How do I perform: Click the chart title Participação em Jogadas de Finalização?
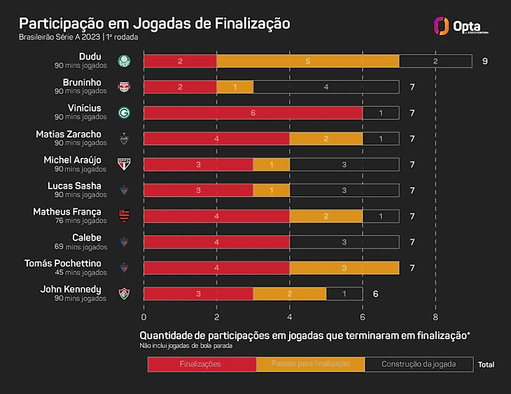click(155, 23)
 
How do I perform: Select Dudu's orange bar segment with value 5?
click(308, 61)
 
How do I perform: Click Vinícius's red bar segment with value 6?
click(253, 113)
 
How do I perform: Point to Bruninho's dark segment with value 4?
click(326, 87)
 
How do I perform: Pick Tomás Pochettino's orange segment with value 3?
click(344, 268)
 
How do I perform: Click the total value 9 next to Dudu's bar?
click(484, 61)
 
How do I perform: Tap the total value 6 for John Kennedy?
click(375, 294)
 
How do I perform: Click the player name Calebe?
click(87, 238)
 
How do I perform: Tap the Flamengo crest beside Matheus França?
click(124, 216)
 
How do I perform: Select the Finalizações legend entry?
click(201, 364)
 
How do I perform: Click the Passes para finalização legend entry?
click(310, 364)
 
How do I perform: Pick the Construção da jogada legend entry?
click(419, 364)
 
